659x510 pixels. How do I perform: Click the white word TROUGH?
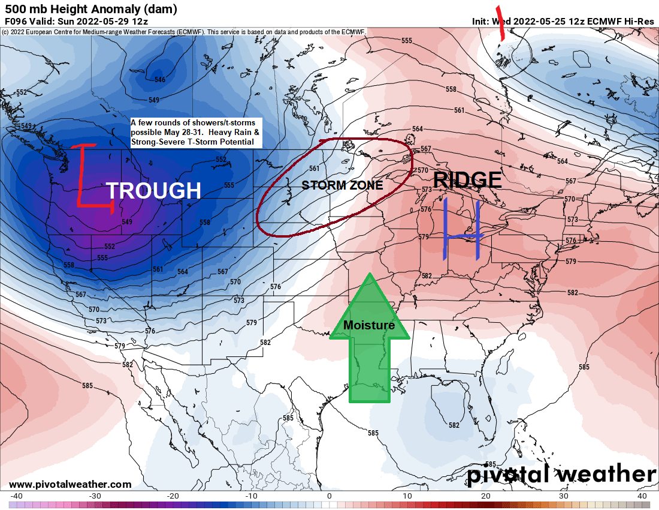click(x=153, y=190)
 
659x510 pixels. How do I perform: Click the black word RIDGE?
click(x=467, y=179)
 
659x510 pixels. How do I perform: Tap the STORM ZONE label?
click(x=342, y=185)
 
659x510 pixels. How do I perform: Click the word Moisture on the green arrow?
click(x=369, y=325)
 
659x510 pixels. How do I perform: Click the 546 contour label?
click(x=159, y=80)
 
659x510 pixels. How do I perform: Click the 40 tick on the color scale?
click(x=642, y=496)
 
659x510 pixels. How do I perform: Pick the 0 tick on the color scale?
click(x=329, y=496)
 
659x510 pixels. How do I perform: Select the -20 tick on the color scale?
click(x=173, y=496)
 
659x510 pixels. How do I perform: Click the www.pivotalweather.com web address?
click(x=70, y=484)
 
